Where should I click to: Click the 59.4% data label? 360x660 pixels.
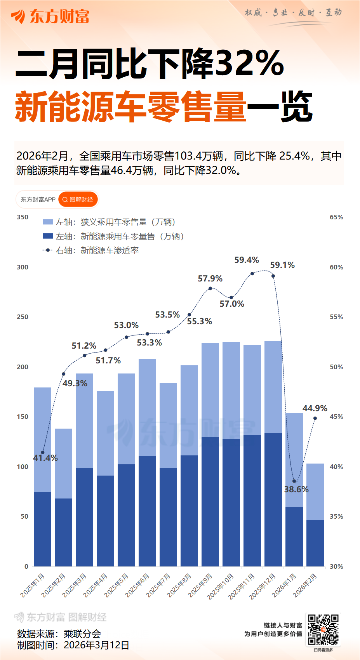247,260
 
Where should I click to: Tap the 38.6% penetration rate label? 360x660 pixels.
296,489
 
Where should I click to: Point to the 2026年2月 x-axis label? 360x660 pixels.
305,585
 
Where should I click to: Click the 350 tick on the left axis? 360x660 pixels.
23,217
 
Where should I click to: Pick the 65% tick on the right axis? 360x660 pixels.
336,217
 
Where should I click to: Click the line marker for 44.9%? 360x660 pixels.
315,418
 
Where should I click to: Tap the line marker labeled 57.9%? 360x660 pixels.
210,288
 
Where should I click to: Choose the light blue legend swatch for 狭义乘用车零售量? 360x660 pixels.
48,222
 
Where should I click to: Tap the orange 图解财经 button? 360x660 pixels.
78,200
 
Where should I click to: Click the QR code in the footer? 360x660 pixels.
323,629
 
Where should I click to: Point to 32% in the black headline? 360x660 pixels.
249,63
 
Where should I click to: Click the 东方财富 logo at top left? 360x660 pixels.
50,16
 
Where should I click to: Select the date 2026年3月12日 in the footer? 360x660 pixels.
96,645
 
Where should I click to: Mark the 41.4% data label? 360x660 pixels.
45,458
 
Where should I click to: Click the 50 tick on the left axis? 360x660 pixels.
24,516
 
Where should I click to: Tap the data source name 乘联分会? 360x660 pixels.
82,634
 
